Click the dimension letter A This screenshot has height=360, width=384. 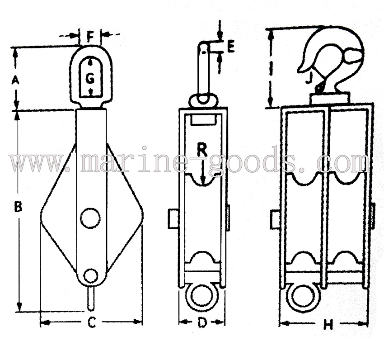point(15,80)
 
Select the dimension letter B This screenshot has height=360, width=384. point(18,207)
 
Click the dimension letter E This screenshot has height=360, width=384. point(231,47)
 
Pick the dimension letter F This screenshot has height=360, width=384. point(90,37)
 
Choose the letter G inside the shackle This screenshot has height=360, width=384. point(90,79)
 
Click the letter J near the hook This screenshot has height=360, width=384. point(309,78)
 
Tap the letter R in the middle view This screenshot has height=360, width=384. point(202,150)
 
